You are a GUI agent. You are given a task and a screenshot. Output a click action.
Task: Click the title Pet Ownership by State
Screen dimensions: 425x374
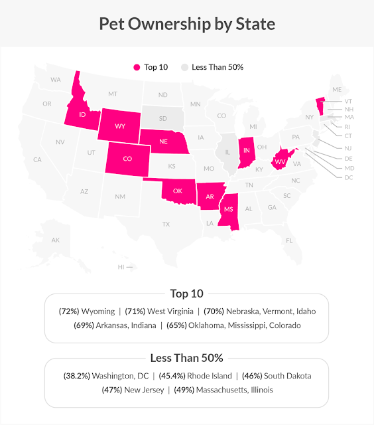click(186, 24)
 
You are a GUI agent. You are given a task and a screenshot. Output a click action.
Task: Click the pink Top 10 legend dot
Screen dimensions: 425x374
click(137, 67)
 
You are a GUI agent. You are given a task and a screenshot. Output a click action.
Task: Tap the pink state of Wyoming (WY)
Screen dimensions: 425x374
click(121, 126)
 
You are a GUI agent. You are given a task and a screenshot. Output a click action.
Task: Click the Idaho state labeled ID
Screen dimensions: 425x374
click(82, 115)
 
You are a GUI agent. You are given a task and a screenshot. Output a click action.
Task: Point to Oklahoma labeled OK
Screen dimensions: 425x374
click(177, 191)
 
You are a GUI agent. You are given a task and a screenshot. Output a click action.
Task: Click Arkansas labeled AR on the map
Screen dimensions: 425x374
click(210, 196)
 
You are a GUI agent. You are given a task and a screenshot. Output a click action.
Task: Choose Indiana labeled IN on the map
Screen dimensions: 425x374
click(247, 151)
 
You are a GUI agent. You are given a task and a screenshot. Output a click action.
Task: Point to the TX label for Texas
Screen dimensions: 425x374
click(166, 224)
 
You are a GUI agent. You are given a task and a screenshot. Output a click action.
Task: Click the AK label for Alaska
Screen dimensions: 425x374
click(56, 240)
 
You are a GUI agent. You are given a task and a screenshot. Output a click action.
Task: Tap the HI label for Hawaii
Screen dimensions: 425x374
click(121, 267)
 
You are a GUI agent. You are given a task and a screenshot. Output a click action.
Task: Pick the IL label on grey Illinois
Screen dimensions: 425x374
click(228, 151)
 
